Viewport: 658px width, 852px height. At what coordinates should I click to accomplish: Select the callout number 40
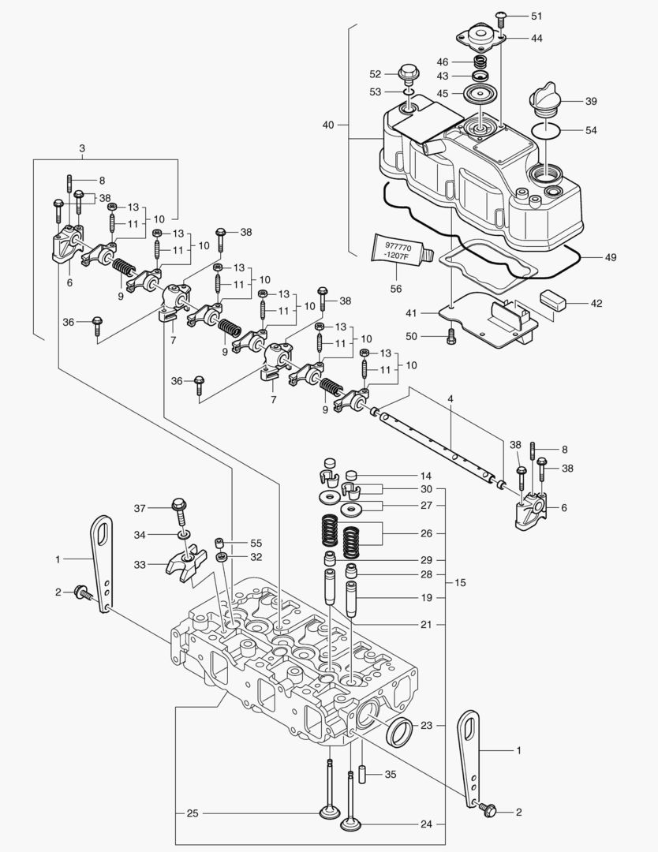(x=329, y=125)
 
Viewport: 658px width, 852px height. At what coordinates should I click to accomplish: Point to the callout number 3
(x=82, y=148)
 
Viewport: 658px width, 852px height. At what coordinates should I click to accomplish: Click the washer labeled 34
(x=182, y=535)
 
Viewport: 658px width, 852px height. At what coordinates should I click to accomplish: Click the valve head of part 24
(x=350, y=826)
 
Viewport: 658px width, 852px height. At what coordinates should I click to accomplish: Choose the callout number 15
(x=459, y=583)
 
